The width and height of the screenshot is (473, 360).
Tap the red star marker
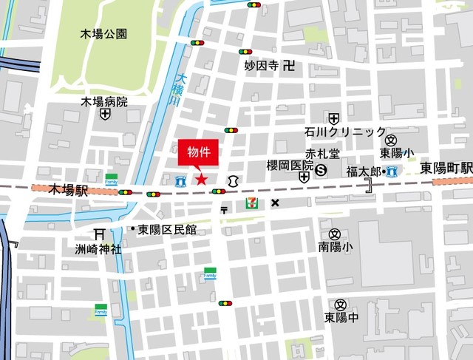point(200,179)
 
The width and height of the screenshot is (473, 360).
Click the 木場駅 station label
point(68,190)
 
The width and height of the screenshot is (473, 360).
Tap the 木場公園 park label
point(104,33)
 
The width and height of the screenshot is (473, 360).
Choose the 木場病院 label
point(104,101)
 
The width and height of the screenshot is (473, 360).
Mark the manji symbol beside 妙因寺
point(289,65)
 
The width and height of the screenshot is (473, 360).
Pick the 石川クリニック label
point(344,132)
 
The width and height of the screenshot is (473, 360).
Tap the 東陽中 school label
point(341,317)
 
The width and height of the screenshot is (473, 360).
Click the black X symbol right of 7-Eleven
point(275,203)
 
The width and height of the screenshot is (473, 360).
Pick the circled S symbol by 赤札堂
point(321,170)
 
